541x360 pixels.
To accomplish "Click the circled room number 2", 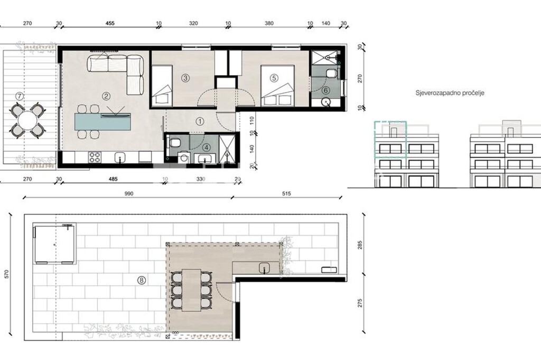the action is coord(106,97).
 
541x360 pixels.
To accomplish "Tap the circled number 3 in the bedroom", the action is coord(185,78).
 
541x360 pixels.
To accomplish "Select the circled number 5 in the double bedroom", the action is coord(274,78).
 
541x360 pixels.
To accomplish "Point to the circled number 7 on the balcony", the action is coord(20,97).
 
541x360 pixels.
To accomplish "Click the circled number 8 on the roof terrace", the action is coord(141,280).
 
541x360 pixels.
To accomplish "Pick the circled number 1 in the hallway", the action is coord(200,121).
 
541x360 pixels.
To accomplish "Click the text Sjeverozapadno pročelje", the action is coord(450,93).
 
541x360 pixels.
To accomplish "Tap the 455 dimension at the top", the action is coord(110,23).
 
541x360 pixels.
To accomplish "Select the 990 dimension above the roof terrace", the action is coord(128,193).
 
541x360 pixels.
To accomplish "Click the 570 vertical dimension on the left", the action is coord(7,274).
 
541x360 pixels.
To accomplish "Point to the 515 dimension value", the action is coord(286,193).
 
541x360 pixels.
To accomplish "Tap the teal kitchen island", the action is coord(103,122).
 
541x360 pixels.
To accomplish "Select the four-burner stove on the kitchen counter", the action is coord(95,158).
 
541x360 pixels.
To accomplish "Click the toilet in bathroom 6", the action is coord(331,73).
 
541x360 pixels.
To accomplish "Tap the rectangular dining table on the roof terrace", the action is coord(191,290).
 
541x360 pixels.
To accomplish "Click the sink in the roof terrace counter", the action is coord(265,267).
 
